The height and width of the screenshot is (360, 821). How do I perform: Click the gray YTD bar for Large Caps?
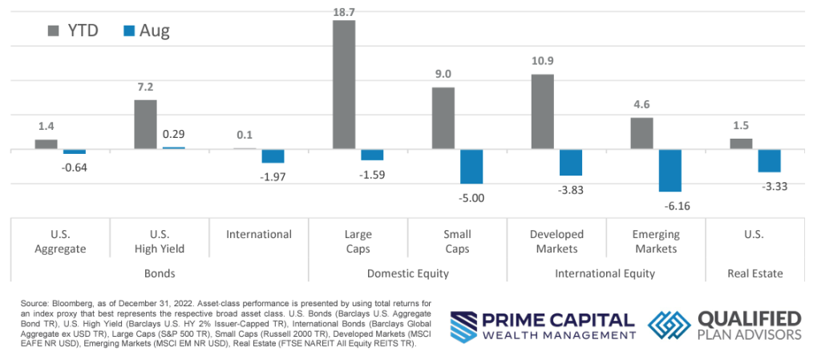[x=343, y=85]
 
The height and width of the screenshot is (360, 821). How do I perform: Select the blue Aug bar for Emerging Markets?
[x=670, y=170]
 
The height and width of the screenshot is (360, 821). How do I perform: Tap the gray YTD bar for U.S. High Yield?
[x=145, y=124]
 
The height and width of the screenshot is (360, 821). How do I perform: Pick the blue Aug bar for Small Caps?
[x=471, y=167]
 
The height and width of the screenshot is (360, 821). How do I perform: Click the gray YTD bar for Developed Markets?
[x=542, y=111]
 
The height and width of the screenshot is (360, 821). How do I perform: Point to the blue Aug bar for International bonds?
[x=273, y=156]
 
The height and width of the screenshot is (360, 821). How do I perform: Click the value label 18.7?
[x=343, y=9]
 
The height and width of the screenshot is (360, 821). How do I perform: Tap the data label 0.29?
[x=173, y=134]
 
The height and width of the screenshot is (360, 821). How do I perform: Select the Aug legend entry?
[x=145, y=31]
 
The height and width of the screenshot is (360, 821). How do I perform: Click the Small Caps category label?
[x=458, y=241]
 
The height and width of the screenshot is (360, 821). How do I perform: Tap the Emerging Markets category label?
[x=656, y=241]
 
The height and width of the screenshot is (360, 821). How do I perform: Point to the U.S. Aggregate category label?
[x=61, y=241]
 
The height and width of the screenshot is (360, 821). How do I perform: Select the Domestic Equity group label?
[x=408, y=273]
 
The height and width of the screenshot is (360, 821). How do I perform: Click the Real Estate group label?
[x=755, y=273]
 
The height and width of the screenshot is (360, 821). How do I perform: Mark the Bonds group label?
[x=160, y=273]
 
